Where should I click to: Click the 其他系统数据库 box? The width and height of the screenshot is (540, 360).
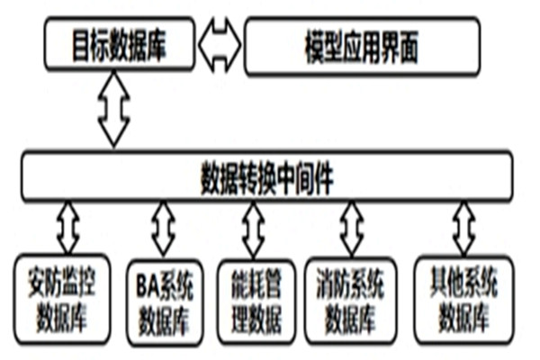[x=463, y=300]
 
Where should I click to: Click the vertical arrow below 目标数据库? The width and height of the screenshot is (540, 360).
[x=114, y=108]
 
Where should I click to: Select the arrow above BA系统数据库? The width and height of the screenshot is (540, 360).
[x=163, y=229]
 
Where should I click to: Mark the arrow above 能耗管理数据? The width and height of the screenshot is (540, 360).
[x=254, y=229]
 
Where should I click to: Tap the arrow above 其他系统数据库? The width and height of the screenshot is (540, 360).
[x=463, y=229]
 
